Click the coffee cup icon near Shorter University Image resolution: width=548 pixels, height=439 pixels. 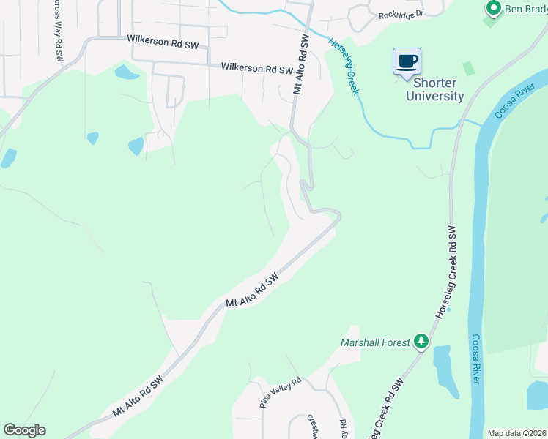coord(407,61)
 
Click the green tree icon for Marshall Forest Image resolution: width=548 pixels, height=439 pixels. coord(421,341)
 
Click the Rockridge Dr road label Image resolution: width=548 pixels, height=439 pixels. coord(401,15)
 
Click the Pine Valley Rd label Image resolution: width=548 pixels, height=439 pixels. coord(281,394)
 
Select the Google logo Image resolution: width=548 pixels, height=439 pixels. coord(24,430)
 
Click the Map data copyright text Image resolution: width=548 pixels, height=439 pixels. coord(517,433)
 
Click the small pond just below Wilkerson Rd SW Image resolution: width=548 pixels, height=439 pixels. coord(126,72)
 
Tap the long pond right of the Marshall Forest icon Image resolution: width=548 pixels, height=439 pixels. coord(443,372)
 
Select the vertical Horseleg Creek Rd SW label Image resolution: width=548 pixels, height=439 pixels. coord(449,270)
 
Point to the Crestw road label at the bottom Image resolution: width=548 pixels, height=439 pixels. coord(311,425)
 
